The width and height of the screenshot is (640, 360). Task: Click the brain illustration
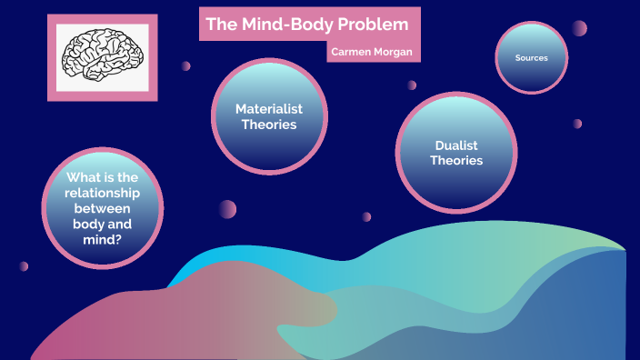click(x=102, y=55)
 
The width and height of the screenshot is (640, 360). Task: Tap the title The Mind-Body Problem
click(x=300, y=24)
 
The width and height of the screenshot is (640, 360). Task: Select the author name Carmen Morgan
click(x=372, y=53)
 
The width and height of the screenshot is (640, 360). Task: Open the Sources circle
click(x=532, y=57)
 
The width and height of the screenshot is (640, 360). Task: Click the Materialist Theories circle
click(x=268, y=116)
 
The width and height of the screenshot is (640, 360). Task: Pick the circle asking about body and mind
click(x=103, y=209)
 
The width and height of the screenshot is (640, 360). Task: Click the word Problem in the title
click(x=361, y=24)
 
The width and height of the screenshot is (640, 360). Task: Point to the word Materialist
click(x=268, y=108)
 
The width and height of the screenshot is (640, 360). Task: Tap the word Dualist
click(x=455, y=145)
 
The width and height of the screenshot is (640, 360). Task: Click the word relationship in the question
click(x=103, y=194)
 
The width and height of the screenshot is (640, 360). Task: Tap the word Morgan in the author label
click(x=393, y=53)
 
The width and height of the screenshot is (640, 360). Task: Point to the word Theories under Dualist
click(x=455, y=161)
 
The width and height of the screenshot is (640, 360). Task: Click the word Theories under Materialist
click(x=268, y=125)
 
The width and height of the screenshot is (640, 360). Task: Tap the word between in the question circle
click(x=103, y=209)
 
